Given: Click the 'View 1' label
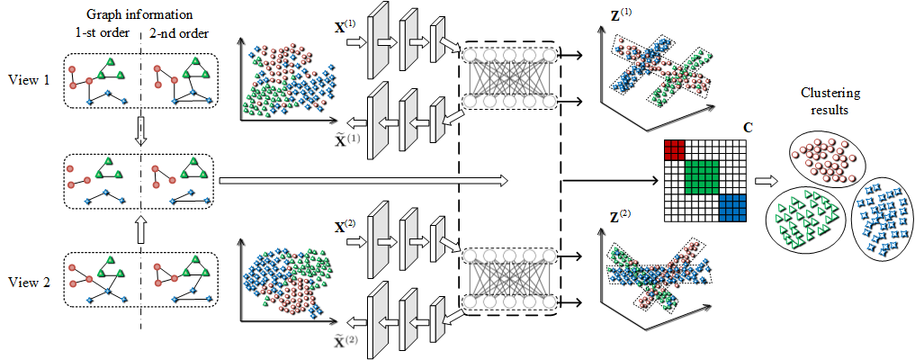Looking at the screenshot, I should tap(27, 79).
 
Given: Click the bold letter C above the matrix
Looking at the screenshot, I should tap(748, 129).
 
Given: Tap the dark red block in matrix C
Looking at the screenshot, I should tap(674, 149).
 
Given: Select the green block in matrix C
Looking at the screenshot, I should tap(702, 176).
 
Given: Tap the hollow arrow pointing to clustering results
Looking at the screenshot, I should tap(765, 182).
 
